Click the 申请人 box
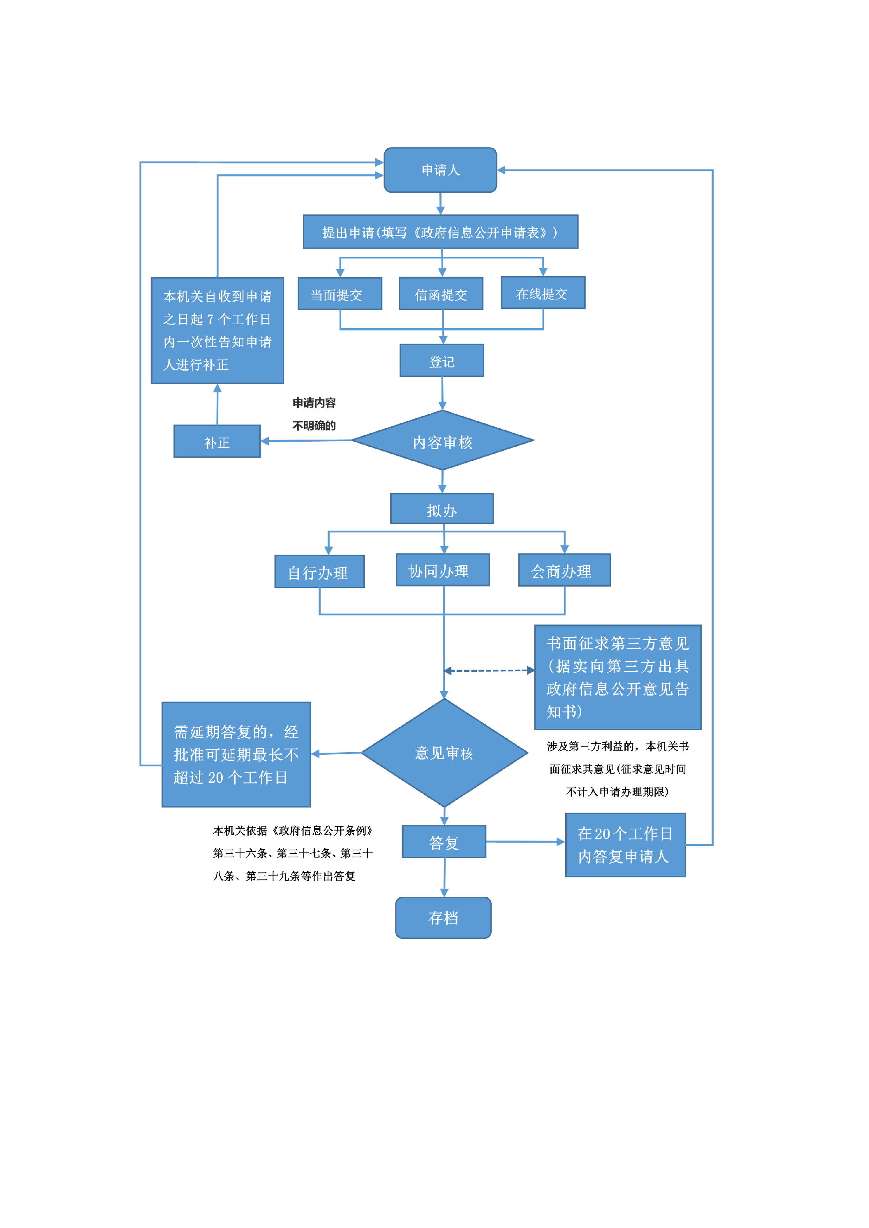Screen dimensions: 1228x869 (x=440, y=170)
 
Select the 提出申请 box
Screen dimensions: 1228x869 (x=440, y=232)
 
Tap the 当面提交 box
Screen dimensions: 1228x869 (x=340, y=294)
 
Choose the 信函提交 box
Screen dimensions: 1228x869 (x=441, y=294)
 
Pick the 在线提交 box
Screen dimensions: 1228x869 (x=543, y=293)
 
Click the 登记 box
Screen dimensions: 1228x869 (x=442, y=361)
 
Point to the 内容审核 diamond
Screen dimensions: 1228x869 (x=443, y=441)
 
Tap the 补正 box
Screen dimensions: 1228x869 (x=217, y=442)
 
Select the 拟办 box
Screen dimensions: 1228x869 (x=442, y=509)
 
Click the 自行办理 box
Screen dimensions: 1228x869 (x=319, y=572)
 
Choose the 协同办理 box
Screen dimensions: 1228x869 (x=443, y=570)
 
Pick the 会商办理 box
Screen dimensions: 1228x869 (x=564, y=571)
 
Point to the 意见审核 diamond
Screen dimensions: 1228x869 (x=444, y=753)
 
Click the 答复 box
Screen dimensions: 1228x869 (x=444, y=842)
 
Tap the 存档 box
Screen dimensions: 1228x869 (x=443, y=918)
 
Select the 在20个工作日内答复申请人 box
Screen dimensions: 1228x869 (x=625, y=845)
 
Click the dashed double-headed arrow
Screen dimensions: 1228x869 (x=489, y=670)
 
